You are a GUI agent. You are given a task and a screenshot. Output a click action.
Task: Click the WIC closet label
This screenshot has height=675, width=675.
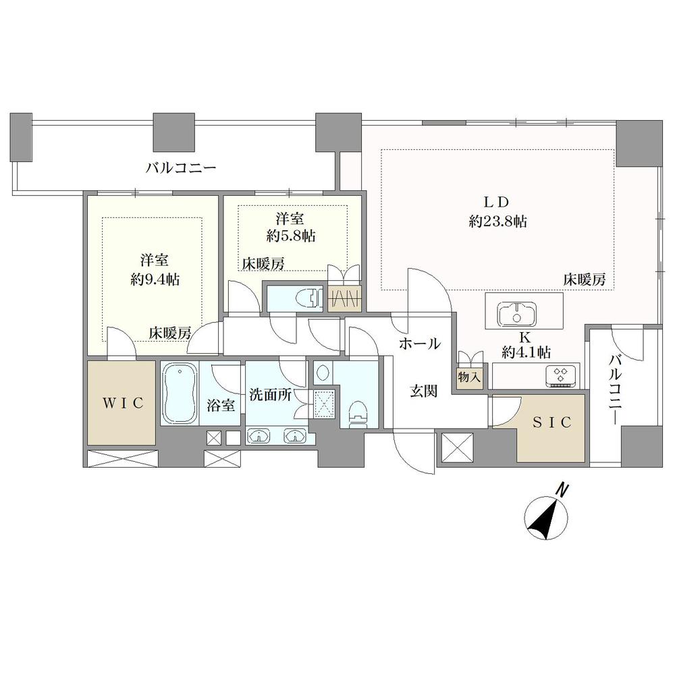click(x=123, y=404)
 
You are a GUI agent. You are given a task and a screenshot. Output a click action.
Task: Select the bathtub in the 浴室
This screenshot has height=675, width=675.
click(x=180, y=394)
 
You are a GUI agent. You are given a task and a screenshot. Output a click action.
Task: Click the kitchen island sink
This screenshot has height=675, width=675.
click(x=517, y=314)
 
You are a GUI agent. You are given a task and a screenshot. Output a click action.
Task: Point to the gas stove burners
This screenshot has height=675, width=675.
click(x=562, y=375)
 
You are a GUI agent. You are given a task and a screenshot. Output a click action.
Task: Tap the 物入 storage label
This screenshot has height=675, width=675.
click(x=469, y=378)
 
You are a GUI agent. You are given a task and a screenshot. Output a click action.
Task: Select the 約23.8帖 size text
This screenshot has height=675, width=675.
click(x=498, y=221)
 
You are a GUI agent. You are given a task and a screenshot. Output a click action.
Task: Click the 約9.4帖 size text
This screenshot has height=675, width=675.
click(x=155, y=280)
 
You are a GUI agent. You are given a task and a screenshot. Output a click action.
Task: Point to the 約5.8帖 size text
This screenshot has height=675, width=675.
click(x=290, y=235)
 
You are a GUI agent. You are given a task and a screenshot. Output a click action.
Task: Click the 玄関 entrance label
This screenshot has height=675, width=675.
click(x=424, y=391)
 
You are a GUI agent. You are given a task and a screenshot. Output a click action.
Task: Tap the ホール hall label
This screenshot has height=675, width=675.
click(x=420, y=344)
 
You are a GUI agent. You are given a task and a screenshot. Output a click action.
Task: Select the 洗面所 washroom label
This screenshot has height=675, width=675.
click(x=270, y=395)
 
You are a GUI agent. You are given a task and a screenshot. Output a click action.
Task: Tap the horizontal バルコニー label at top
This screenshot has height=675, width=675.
click(x=181, y=167)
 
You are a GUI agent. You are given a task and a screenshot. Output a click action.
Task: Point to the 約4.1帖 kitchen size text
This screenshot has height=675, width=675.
click(x=526, y=353)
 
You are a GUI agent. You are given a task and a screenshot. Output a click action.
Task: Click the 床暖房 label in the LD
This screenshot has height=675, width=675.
click(x=585, y=280)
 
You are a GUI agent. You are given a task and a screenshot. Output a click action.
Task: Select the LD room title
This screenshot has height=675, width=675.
click(x=498, y=201)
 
